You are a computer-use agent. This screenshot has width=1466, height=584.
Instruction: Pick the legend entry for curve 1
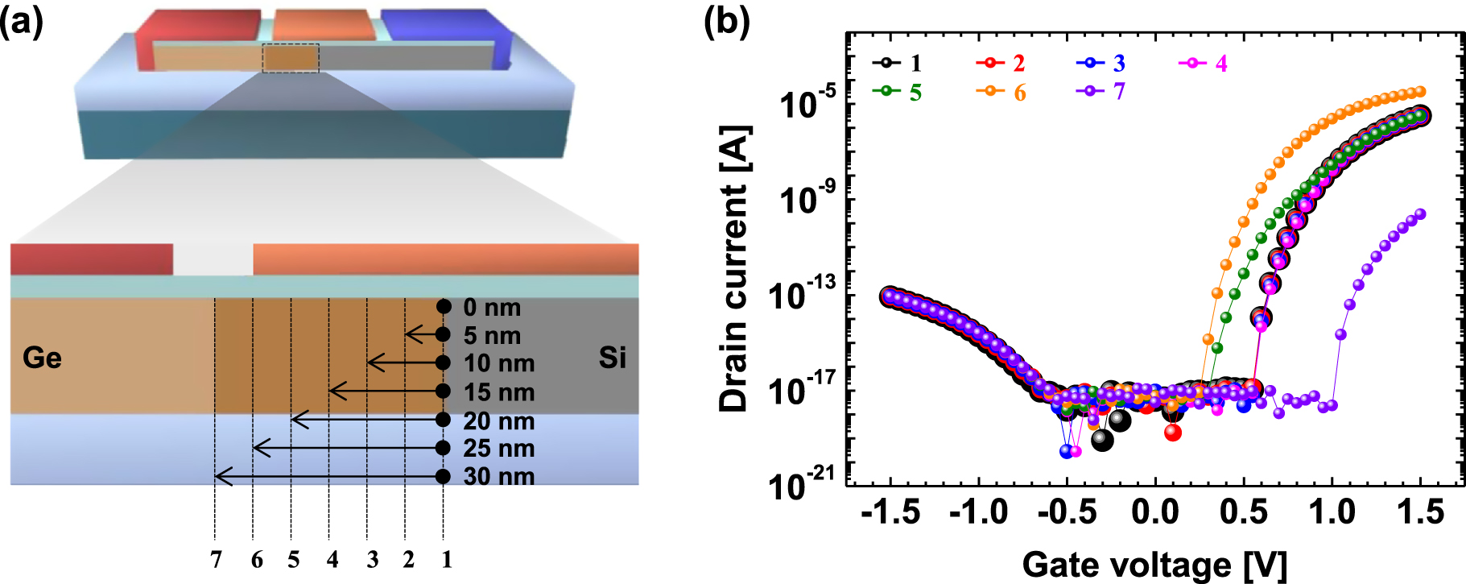point(897,63)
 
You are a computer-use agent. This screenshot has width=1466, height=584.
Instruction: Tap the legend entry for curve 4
point(1203,63)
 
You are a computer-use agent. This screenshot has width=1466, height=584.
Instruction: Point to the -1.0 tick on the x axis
point(978,512)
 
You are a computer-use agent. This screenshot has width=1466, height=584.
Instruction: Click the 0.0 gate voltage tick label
point(1155,512)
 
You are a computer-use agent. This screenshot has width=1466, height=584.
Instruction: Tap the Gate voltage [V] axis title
point(1154,565)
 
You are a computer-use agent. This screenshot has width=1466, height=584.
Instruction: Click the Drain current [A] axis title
point(734,269)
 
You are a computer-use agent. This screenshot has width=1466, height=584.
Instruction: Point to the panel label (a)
point(22,22)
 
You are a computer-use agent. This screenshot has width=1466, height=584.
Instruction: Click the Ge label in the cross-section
point(42,358)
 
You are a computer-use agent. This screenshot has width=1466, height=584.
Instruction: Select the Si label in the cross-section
point(612,358)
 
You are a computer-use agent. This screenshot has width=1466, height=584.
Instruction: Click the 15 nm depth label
point(499,392)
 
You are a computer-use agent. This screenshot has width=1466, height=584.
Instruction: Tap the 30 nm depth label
point(499,477)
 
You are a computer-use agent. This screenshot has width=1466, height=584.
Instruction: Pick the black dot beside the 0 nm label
point(444,307)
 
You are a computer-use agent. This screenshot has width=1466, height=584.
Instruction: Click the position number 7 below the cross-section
point(216,559)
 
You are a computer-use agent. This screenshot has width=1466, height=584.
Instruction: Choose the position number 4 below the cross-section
point(332,559)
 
